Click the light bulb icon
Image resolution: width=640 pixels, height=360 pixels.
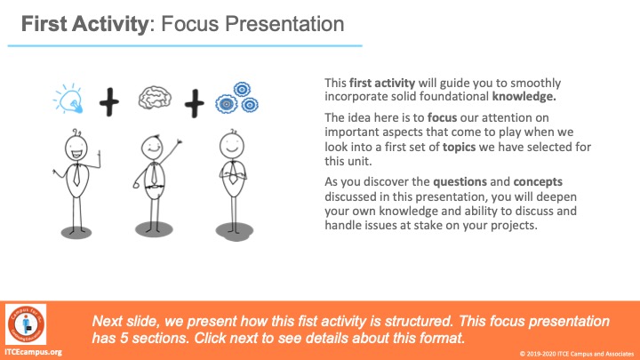[68, 99]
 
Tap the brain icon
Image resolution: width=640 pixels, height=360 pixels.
[155, 98]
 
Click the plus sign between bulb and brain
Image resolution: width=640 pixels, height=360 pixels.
[109, 102]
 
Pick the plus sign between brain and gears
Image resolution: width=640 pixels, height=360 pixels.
[195, 104]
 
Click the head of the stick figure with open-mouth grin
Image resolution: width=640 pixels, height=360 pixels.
[76, 147]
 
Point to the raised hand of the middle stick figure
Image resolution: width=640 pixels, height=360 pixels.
[179, 142]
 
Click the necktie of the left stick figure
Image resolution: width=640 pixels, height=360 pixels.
[76, 175]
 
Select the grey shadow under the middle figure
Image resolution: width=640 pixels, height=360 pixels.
[154, 229]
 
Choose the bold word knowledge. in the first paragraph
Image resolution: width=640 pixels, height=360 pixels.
[524, 97]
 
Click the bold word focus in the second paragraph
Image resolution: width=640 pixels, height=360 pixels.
[442, 118]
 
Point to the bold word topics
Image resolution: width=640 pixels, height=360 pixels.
[460, 147]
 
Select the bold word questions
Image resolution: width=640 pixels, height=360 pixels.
[460, 182]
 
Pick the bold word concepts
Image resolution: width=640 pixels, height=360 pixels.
[538, 182]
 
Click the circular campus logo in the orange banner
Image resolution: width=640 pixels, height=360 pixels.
[26, 324]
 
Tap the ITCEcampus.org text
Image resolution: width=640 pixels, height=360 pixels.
[34, 352]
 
